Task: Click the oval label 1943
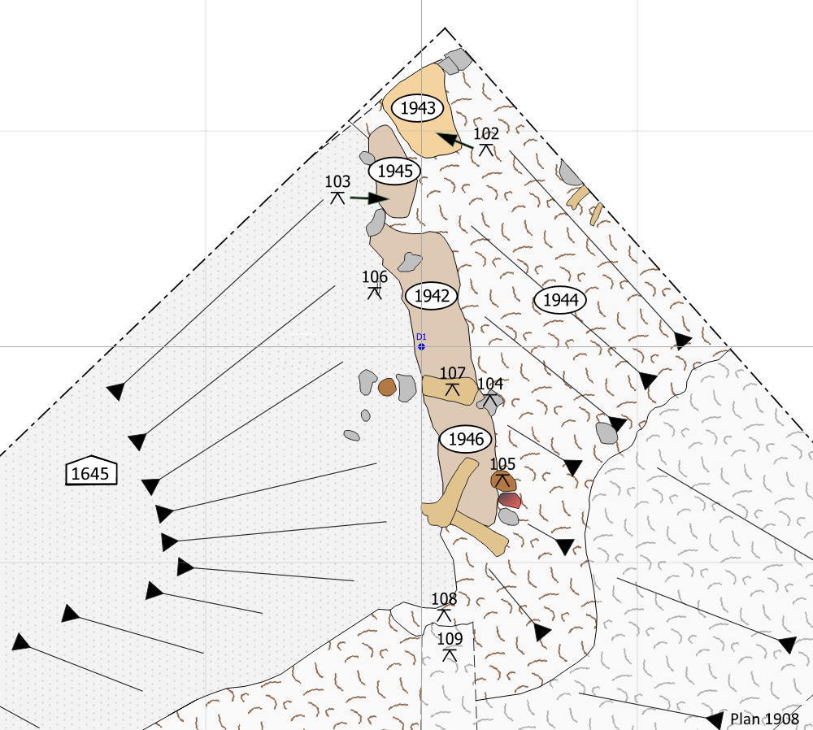[x=417, y=108]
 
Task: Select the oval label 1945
[x=394, y=171]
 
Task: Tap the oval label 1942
[x=432, y=296]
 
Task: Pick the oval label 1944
[x=560, y=300]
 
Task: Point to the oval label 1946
[x=466, y=439]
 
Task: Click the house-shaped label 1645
[x=91, y=471]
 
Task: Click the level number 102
[x=486, y=134]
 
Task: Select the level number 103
[x=337, y=181]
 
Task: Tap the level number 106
[x=374, y=277]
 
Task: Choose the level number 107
[x=452, y=373]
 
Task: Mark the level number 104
[x=490, y=384]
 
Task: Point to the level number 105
[x=502, y=463]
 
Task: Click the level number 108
[x=444, y=599]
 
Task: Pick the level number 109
[x=450, y=639]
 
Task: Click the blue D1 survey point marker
[x=421, y=346]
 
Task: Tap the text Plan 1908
[x=764, y=719]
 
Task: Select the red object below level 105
[x=510, y=500]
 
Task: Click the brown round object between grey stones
[x=387, y=387]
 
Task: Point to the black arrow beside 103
[x=369, y=198]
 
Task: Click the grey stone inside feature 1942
[x=410, y=262]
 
